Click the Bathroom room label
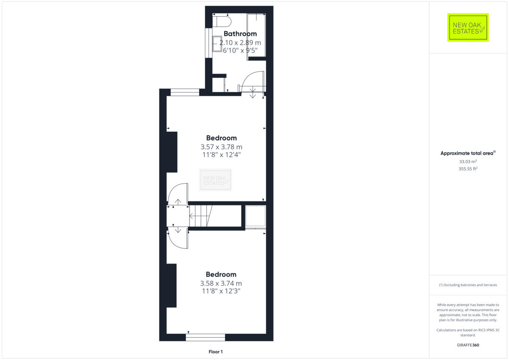tap(240, 33)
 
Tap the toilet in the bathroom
tap(222, 21)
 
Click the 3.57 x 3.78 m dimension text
tap(221, 147)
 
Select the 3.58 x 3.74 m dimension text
tap(221, 283)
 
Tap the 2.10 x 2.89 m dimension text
tap(240, 42)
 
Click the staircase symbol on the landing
tap(200, 216)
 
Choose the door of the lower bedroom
tap(178, 238)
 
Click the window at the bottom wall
tap(205, 337)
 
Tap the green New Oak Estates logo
tap(468, 28)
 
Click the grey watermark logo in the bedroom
tap(216, 180)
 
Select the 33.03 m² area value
tap(468, 162)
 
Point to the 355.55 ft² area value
tap(468, 169)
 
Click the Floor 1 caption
tap(215, 352)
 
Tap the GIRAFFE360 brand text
tap(468, 345)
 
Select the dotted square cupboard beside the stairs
tap(255, 216)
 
